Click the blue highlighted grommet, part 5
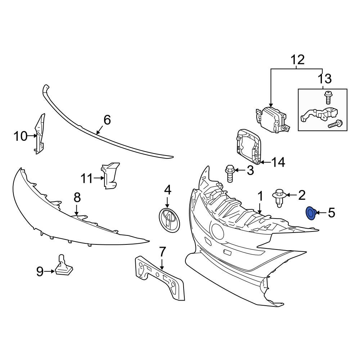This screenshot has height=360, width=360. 310,213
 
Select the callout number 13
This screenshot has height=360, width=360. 324,79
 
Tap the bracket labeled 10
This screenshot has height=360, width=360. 40,134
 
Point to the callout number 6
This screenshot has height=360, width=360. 107,120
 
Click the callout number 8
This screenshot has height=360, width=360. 77,197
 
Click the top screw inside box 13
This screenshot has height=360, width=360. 328,96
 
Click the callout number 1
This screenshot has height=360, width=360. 260,197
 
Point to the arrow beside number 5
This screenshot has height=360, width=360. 321,213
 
